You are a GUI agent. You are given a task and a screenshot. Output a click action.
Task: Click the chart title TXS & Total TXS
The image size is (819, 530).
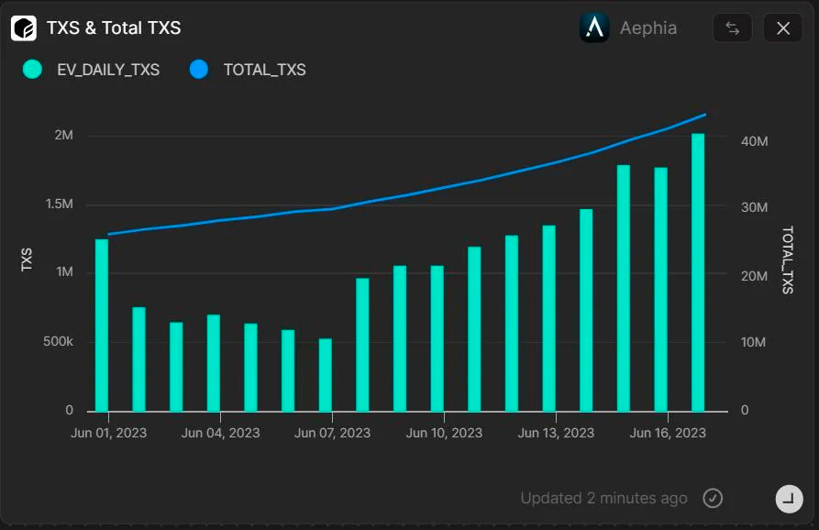point(114,28)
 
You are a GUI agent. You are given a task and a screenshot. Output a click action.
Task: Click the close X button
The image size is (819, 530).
point(782,28)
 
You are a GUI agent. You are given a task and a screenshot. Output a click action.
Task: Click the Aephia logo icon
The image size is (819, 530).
point(594,28)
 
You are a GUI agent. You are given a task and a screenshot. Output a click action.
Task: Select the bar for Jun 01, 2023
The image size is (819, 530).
point(102,325)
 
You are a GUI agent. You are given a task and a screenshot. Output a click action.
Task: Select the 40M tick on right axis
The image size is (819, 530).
point(754,141)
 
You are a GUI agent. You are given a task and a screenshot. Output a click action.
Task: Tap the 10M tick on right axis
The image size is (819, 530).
point(753,342)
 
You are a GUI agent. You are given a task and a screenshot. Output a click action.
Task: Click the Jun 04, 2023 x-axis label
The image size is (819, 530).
point(220,433)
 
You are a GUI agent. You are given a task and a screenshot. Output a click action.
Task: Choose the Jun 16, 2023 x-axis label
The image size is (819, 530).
point(668,433)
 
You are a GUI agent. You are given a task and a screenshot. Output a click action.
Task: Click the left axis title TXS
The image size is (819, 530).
point(28,259)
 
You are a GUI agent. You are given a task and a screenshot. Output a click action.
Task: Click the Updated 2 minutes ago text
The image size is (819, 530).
point(603,498)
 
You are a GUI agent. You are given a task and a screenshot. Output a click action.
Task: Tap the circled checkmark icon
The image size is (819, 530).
point(713,498)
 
